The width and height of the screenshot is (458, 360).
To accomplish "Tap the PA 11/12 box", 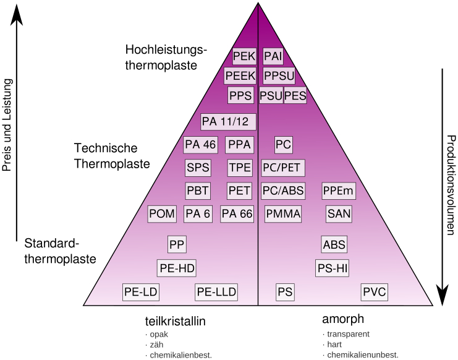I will [228, 121].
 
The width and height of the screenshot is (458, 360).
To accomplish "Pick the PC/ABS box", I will [282, 191].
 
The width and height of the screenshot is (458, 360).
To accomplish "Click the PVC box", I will [374, 292].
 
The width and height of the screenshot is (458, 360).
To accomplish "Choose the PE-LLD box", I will [216, 292].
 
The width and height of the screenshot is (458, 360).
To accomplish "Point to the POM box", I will [163, 214].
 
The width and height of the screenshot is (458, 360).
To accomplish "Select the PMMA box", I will [283, 214].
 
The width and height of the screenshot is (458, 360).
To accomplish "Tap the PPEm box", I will [337, 191].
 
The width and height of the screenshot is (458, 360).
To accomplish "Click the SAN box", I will [339, 214].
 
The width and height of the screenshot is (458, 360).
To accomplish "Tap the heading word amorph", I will [342, 320].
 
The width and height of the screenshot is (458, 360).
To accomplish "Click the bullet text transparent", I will [348, 334].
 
